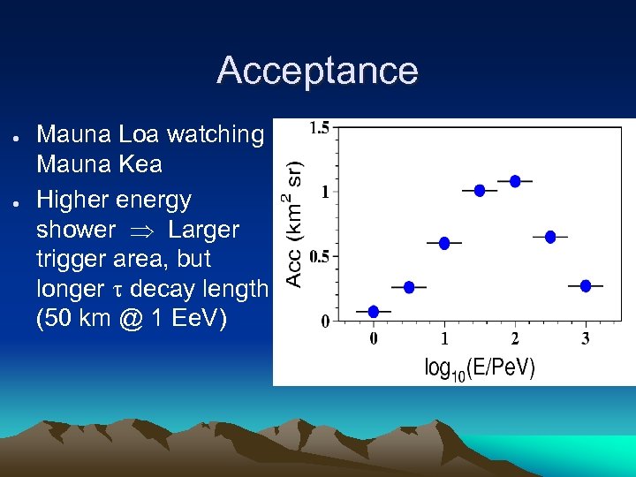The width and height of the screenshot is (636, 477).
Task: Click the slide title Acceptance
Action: click(x=317, y=71)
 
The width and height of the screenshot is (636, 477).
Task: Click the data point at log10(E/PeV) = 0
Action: click(x=374, y=311)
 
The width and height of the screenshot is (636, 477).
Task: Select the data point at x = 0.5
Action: click(x=409, y=287)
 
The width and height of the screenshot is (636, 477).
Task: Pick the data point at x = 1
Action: click(x=444, y=243)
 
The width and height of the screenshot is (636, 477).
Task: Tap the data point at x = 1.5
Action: click(x=480, y=190)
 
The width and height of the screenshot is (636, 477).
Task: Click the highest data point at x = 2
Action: click(x=515, y=181)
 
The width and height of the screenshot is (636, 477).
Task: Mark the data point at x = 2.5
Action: click(x=550, y=237)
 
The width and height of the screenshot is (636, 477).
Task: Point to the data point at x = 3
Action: click(x=586, y=285)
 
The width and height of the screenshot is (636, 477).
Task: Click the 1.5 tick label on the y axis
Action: click(x=319, y=128)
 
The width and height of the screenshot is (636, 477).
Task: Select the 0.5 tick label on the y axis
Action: click(x=319, y=257)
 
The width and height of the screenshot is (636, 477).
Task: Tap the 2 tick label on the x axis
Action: click(x=515, y=338)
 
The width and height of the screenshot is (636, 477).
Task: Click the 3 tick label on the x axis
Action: click(x=586, y=338)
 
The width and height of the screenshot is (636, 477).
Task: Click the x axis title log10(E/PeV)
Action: click(x=480, y=367)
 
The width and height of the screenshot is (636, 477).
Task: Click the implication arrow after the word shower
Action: click(x=141, y=231)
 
